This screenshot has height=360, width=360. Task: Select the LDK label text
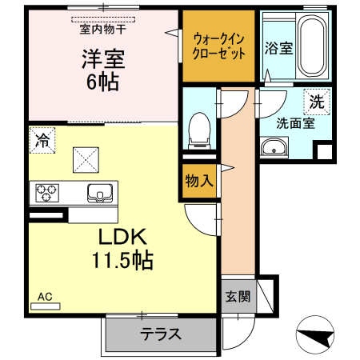122,237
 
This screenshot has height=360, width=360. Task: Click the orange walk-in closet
217,46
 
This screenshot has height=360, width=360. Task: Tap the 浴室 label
278,47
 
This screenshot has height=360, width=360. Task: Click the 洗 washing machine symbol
317,102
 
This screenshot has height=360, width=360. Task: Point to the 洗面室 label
295,123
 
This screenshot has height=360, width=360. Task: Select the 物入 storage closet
198,180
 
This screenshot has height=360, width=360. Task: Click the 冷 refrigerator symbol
41,141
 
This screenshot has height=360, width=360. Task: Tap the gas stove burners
47,193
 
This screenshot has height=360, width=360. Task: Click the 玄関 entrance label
237,296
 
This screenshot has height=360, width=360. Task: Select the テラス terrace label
160,334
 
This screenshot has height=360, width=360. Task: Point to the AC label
45,296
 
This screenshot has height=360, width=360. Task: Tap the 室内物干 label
103,30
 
